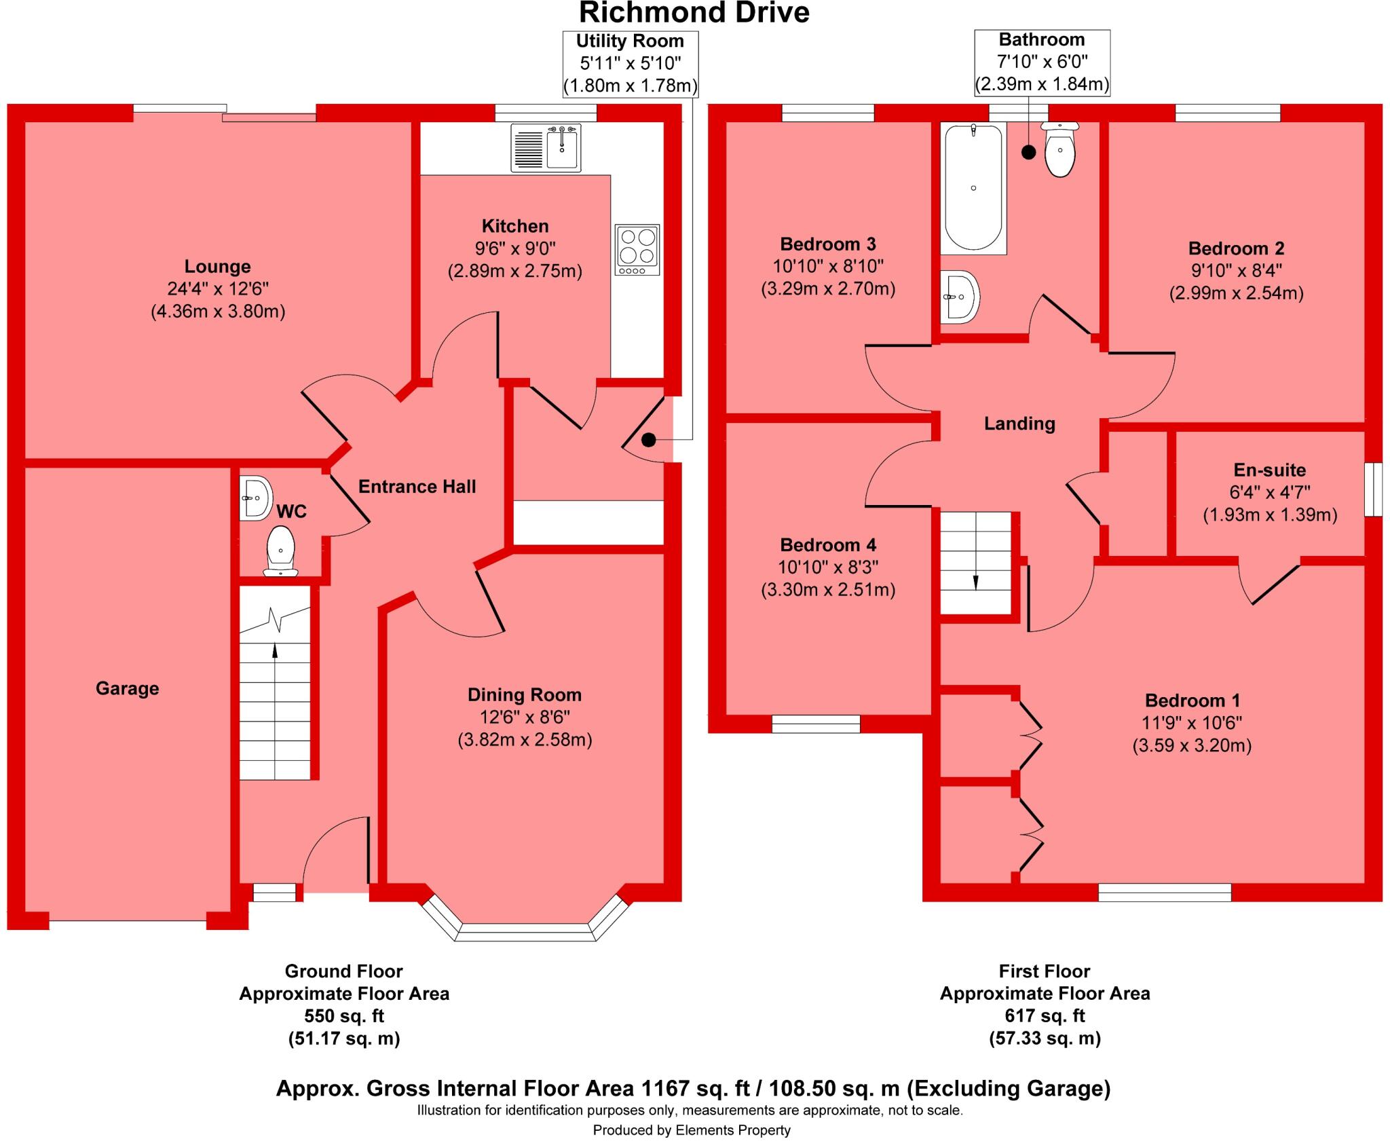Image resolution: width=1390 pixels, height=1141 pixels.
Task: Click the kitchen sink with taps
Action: [x=546, y=148]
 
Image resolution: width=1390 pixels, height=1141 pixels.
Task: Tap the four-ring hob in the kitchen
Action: [x=637, y=249]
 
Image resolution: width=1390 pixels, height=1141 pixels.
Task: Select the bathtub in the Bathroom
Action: [x=973, y=187]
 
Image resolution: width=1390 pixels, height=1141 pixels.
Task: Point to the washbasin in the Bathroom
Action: [x=958, y=297]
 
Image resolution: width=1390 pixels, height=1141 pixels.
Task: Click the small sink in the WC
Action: [x=255, y=498]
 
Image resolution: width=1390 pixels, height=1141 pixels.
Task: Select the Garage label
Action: [x=128, y=688]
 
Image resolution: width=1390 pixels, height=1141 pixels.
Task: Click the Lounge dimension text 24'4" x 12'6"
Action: [x=218, y=288]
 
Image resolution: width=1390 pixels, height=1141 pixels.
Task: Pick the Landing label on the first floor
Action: [x=1019, y=424]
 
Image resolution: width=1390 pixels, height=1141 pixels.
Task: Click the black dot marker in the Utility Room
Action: [x=648, y=440]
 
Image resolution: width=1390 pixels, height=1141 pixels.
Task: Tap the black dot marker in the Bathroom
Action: [x=1028, y=153]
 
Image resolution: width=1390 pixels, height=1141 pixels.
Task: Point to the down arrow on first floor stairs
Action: [x=976, y=582]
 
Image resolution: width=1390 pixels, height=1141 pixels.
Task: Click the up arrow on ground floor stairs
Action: [x=275, y=650]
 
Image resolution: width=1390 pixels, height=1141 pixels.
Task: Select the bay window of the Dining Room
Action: [x=525, y=931]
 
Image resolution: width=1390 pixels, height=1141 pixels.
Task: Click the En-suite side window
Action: [x=1373, y=489]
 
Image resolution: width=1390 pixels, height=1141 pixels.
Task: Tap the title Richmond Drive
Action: [x=694, y=13]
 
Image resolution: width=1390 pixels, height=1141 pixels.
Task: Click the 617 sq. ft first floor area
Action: [x=1045, y=1015]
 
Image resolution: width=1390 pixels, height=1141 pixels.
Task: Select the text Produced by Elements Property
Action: [x=692, y=1130]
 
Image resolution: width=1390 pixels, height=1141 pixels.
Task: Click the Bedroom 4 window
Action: [x=816, y=724]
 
